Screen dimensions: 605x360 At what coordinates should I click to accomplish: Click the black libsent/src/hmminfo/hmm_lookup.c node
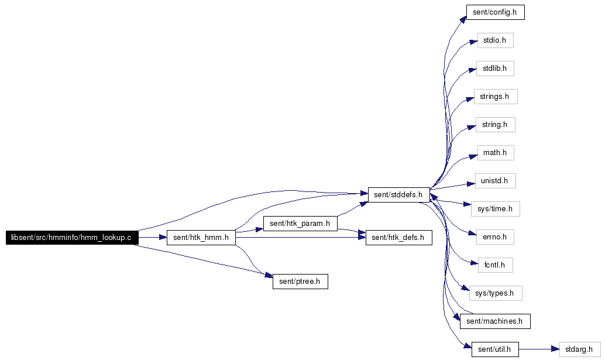(72, 237)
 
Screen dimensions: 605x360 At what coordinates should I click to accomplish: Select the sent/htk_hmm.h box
(201, 237)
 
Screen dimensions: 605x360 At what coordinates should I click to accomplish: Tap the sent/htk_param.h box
(300, 224)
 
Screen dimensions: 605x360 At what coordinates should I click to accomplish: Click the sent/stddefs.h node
(398, 195)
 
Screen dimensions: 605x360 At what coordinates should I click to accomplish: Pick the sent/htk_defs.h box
(398, 237)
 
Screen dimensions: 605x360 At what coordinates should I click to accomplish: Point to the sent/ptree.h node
(300, 282)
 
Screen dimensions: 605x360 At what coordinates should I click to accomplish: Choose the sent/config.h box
(495, 12)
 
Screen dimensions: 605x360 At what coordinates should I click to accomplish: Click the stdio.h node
(495, 40)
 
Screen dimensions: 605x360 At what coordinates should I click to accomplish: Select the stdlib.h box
(495, 68)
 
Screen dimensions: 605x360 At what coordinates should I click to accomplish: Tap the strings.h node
(496, 97)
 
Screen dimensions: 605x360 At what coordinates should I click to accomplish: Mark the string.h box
(495, 125)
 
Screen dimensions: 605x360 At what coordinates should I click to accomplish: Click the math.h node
(496, 153)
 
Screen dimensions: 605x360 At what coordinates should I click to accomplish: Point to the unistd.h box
(495, 181)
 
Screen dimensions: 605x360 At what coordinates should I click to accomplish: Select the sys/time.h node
(495, 209)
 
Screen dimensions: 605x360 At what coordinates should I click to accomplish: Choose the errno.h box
(495, 237)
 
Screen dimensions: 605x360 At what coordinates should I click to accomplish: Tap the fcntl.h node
(495, 265)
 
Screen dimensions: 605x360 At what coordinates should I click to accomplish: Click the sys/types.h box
(496, 293)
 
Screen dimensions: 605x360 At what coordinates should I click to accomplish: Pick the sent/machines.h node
(495, 321)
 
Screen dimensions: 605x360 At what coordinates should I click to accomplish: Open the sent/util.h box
(495, 349)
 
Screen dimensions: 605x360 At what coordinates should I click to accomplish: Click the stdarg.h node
(579, 349)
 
